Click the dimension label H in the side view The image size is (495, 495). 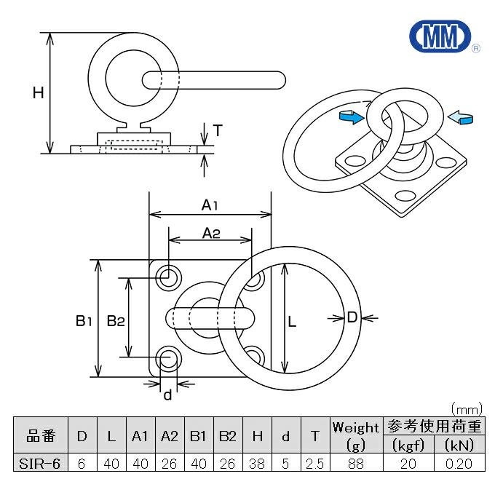point(39,92)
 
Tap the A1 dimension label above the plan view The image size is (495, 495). point(210,205)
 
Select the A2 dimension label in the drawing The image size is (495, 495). point(211,233)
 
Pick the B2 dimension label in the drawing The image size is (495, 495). point(115,319)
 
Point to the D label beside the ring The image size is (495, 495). point(352,317)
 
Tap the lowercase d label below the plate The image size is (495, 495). point(167,395)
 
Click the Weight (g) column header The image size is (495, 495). point(355,435)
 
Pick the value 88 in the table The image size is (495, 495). point(355,462)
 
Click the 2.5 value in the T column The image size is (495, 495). point(314,462)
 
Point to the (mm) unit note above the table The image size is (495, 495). point(466,408)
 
